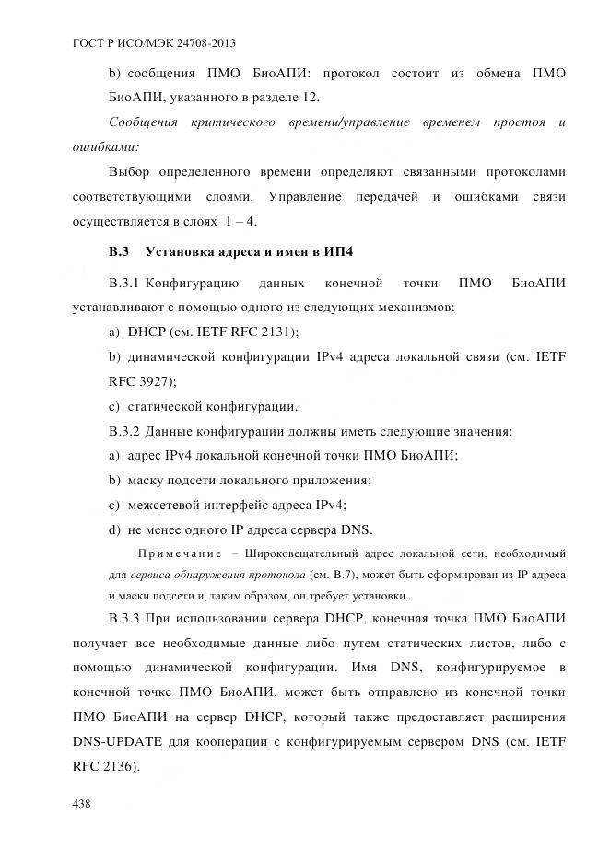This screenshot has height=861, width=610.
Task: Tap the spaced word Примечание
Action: pos(179,553)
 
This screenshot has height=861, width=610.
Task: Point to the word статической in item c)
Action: pos(167,405)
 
